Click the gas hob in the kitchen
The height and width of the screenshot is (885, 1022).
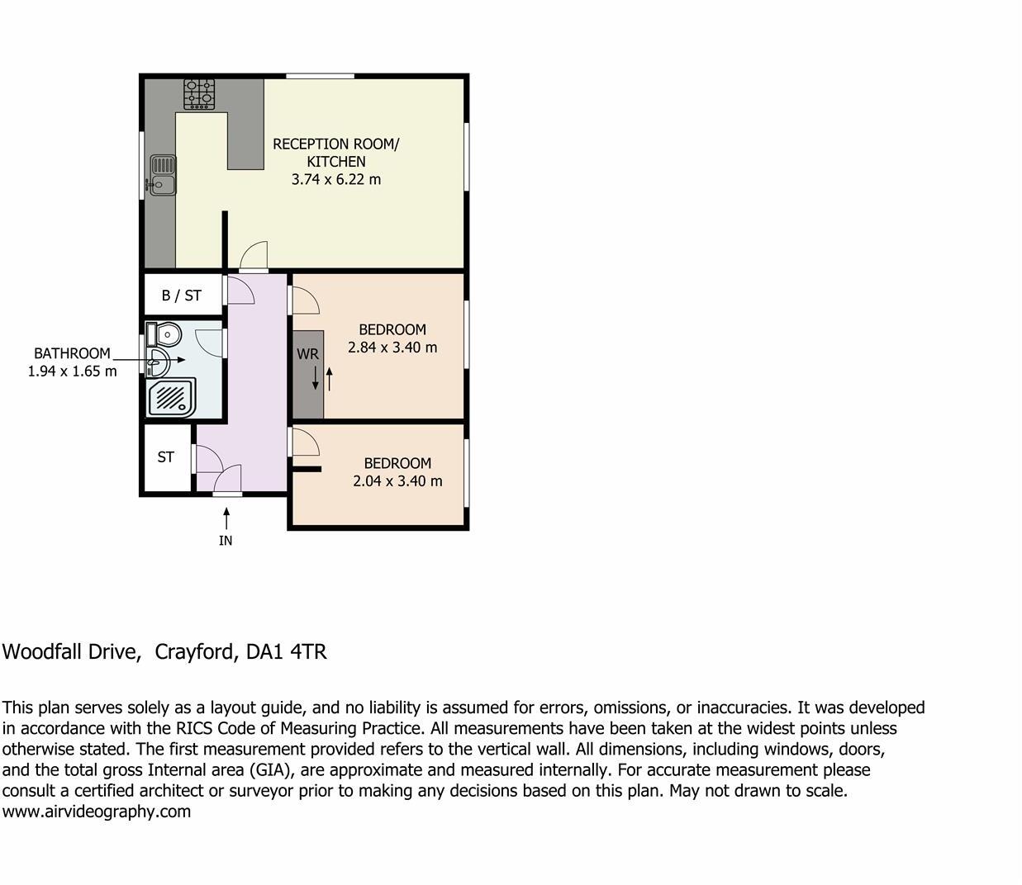(x=199, y=94)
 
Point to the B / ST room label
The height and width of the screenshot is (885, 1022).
(x=181, y=296)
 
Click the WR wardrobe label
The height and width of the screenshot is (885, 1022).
(x=307, y=354)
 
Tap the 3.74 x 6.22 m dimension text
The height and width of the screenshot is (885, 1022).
(x=336, y=179)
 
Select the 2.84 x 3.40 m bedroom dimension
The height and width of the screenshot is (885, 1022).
(x=392, y=348)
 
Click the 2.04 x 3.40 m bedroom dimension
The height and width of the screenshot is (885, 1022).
(x=397, y=481)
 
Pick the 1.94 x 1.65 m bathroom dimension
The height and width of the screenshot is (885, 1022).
(x=73, y=372)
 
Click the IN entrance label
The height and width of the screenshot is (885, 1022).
(x=226, y=541)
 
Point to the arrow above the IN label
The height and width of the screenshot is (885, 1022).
(x=226, y=518)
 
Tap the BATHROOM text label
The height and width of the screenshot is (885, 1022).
(x=72, y=353)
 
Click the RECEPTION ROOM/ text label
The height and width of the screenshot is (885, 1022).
(x=336, y=144)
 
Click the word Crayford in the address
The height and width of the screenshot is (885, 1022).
(x=194, y=652)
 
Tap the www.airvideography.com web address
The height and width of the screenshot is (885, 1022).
(x=97, y=812)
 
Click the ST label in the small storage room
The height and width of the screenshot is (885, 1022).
(x=166, y=457)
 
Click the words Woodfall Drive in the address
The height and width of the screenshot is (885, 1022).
(x=69, y=652)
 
